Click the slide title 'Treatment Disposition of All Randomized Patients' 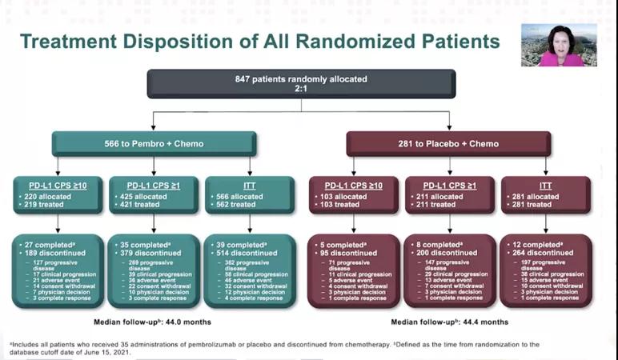coord(259,42)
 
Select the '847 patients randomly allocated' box coord(300,84)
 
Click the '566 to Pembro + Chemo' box coord(154,144)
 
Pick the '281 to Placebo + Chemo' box coord(448,144)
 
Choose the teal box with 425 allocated coord(153,194)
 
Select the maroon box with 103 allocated coord(353,194)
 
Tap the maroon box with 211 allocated coord(448,194)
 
